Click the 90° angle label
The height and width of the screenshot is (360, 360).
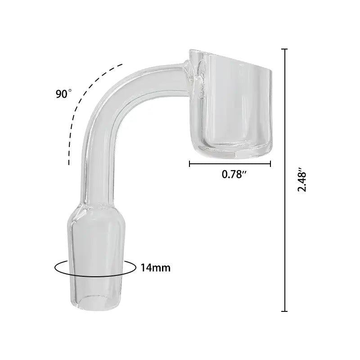pyautogui.click(x=63, y=94)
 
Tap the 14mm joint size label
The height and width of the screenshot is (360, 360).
pyautogui.click(x=155, y=268)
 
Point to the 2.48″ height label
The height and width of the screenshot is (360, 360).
pyautogui.click(x=302, y=181)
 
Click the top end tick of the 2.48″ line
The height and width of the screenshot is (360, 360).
pyautogui.click(x=284, y=49)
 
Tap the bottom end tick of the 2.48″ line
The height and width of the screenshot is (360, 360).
pyautogui.click(x=284, y=310)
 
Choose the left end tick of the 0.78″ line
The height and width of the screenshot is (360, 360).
pyautogui.click(x=190, y=164)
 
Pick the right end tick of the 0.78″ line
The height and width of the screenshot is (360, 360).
pyautogui.click(x=270, y=164)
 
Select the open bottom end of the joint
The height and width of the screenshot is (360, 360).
pyautogui.click(x=96, y=301)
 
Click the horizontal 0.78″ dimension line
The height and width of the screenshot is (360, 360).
pyautogui.click(x=229, y=164)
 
